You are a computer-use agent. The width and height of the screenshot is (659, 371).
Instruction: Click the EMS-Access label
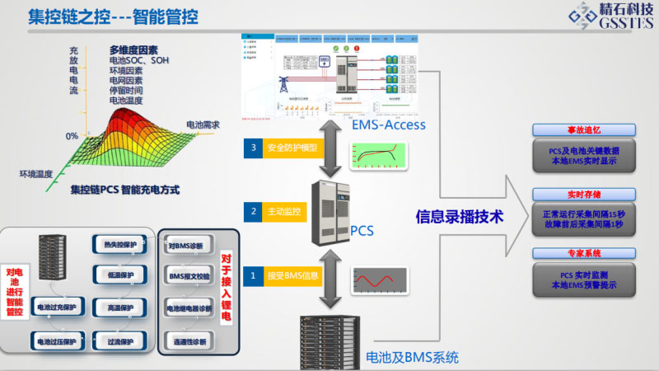click(389, 124)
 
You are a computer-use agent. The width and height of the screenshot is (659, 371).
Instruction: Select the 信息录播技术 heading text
click(460, 217)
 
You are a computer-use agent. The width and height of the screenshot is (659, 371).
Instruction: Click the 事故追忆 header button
click(583, 130)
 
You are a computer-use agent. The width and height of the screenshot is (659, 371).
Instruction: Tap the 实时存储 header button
click(583, 195)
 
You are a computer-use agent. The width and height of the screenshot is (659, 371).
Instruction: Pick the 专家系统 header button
click(583, 256)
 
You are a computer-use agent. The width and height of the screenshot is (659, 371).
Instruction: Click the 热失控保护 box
click(121, 245)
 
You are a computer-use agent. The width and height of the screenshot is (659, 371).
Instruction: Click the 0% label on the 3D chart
click(72, 135)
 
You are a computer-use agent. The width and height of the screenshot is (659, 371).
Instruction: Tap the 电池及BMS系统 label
click(412, 357)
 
